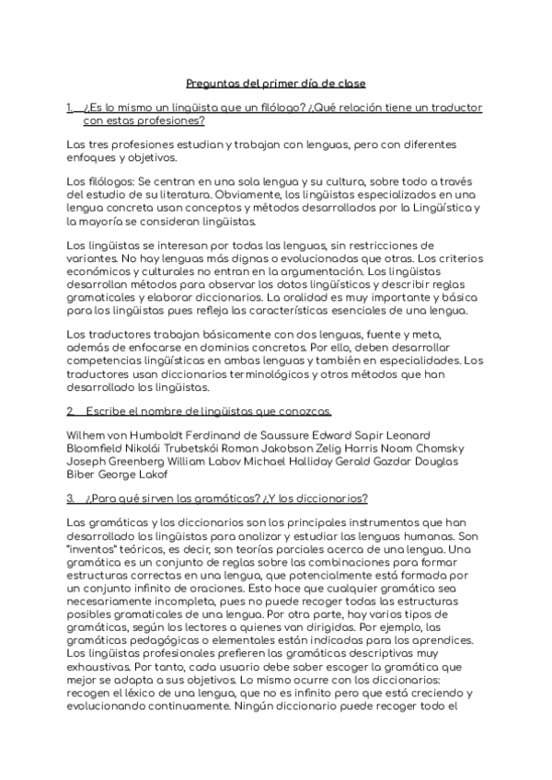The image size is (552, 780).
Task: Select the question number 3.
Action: coord(71,499)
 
